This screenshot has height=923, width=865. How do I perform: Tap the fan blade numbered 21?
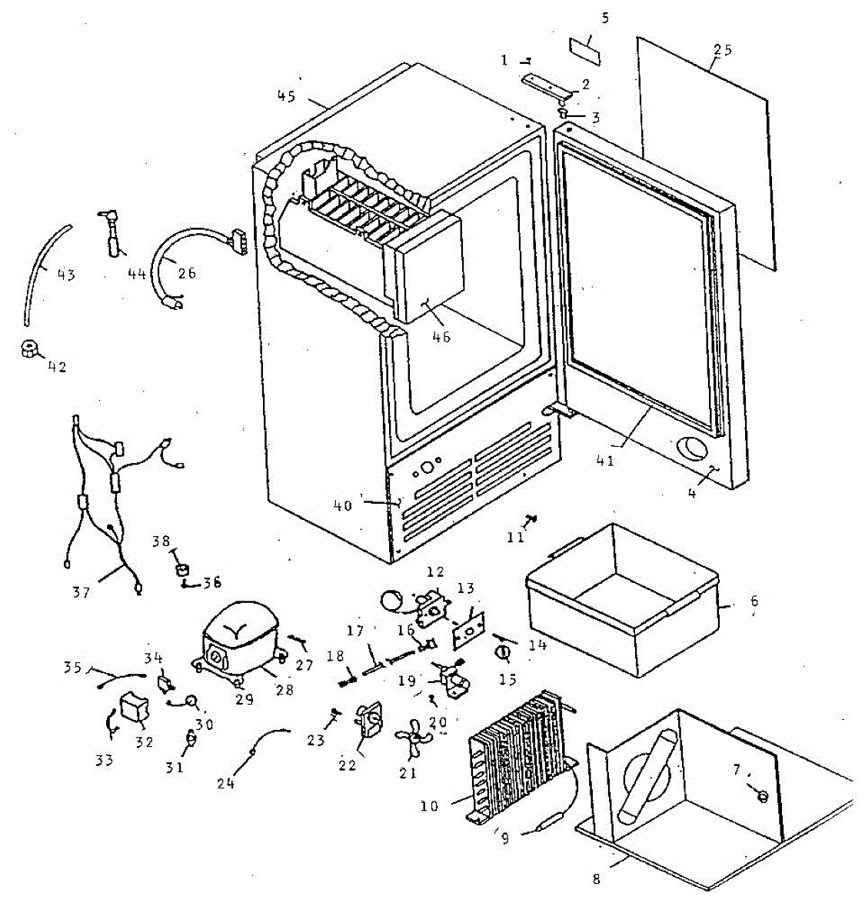[411, 741]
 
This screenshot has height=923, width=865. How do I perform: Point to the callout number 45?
[286, 96]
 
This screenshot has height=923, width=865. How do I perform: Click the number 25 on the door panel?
[723, 51]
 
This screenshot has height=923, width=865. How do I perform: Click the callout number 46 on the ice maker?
[441, 336]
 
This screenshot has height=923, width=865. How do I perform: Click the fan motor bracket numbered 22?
[369, 723]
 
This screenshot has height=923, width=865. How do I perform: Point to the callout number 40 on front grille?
[343, 505]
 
